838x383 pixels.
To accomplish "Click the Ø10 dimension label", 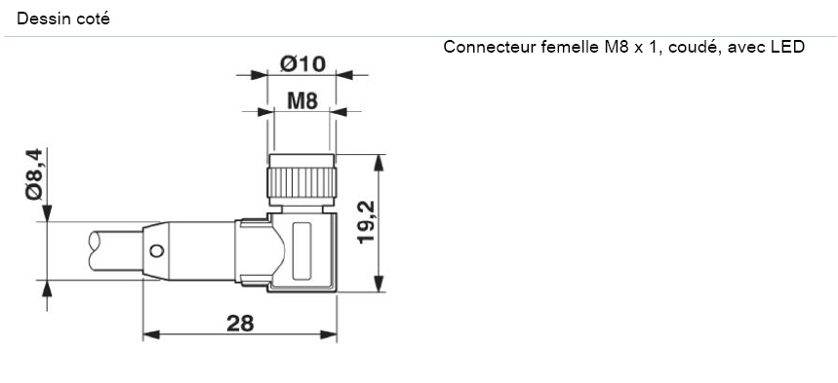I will pos(302,64).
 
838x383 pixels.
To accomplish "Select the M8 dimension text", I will pos(302,99).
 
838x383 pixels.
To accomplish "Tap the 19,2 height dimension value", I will pos(366,223).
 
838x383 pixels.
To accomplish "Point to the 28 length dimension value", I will pos(240,324).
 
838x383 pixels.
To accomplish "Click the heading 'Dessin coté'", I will pos(63,18).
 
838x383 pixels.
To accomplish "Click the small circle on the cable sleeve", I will pos(155,252).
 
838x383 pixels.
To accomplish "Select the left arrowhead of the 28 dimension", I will pos(149,334).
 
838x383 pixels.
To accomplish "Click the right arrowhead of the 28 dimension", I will pos(331,334).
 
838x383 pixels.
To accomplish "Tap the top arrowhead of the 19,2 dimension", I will pos(379,160).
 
